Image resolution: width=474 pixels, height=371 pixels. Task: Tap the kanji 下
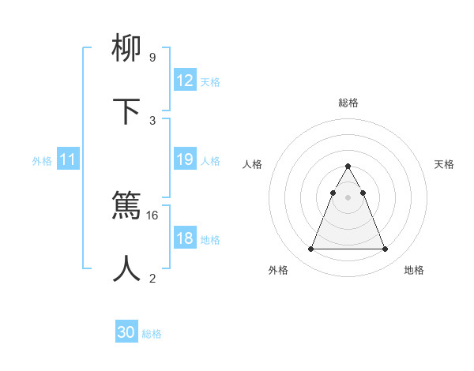click(127, 112)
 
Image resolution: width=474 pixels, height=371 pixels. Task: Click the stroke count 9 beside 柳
click(152, 58)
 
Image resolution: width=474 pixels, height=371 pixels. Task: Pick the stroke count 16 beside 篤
click(152, 215)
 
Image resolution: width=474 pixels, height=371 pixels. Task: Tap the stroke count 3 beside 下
click(152, 120)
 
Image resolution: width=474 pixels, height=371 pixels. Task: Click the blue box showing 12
click(185, 81)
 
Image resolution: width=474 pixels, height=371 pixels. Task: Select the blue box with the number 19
click(185, 159)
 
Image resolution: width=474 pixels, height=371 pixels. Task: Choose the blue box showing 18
click(185, 238)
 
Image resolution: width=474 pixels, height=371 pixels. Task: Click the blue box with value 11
click(68, 159)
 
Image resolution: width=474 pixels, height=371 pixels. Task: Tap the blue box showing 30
click(126, 332)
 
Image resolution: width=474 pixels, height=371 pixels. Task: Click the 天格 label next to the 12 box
click(210, 81)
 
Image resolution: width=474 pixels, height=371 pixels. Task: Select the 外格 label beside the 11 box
click(42, 160)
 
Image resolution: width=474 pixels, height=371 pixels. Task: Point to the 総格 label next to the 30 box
click(152, 333)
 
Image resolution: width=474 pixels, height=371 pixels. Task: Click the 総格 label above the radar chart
click(348, 103)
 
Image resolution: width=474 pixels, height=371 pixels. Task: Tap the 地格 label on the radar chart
click(414, 270)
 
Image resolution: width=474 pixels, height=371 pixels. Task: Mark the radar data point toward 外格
click(310, 249)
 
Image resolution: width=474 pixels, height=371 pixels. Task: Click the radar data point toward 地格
click(386, 249)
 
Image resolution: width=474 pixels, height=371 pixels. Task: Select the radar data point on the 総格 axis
click(348, 167)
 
